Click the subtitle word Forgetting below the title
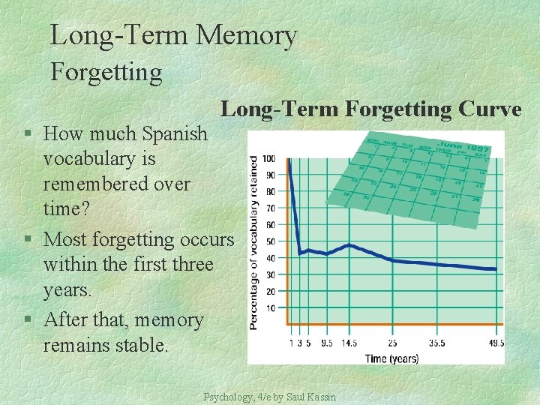tap(106, 72)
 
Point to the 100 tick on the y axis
tap(268, 158)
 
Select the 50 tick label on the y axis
tap(270, 241)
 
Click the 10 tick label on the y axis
tap(270, 308)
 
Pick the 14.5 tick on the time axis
tap(348, 343)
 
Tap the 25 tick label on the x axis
tap(391, 343)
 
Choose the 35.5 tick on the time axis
tap(436, 343)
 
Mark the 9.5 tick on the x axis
tap(326, 343)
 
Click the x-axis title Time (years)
tap(391, 358)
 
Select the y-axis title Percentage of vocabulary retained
tap(255, 241)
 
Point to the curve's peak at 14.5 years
tap(349, 245)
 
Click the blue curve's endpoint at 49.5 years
tap(495, 268)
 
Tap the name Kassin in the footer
tap(322, 397)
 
